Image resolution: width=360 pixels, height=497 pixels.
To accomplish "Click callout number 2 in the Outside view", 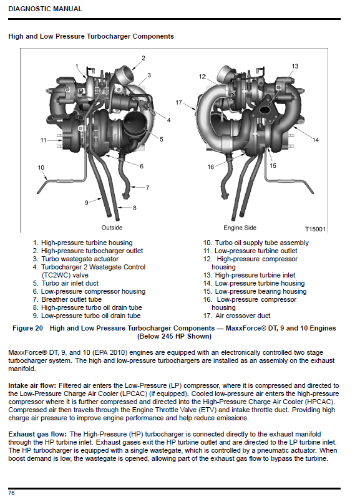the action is [x=144, y=58].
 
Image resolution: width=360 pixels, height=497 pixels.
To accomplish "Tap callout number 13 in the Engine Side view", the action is [x=295, y=66].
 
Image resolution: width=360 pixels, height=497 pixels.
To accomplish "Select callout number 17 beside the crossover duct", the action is [x=179, y=102].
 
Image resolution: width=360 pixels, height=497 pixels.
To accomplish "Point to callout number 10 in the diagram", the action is [x=41, y=168].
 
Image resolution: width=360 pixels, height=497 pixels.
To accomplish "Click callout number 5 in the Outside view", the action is [x=162, y=140].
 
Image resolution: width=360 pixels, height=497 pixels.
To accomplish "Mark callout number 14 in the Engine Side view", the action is [x=315, y=140].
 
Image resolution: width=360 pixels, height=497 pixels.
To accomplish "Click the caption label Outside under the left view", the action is [x=112, y=228].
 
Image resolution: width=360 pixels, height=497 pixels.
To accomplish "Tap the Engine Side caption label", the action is [x=240, y=228].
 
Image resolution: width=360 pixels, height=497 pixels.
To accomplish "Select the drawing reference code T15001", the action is [x=315, y=229].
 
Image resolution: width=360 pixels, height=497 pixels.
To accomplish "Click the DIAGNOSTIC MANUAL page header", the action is [x=45, y=9].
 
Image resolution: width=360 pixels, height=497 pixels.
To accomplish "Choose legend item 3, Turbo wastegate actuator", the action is [x=76, y=259].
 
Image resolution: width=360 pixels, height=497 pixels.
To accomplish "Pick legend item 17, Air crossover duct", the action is [x=236, y=316].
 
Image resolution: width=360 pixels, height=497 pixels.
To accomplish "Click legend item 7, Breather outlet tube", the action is [x=67, y=299].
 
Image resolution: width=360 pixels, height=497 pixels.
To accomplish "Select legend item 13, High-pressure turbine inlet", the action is [x=249, y=275].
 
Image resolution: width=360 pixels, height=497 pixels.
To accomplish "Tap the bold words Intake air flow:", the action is [x=32, y=386].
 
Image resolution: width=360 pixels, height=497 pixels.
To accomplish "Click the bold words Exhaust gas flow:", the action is [x=37, y=434].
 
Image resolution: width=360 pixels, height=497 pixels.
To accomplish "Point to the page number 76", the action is [x=11, y=493].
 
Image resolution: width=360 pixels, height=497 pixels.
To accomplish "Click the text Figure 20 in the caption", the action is [x=27, y=328].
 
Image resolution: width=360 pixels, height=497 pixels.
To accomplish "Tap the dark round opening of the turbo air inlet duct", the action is [x=134, y=120].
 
